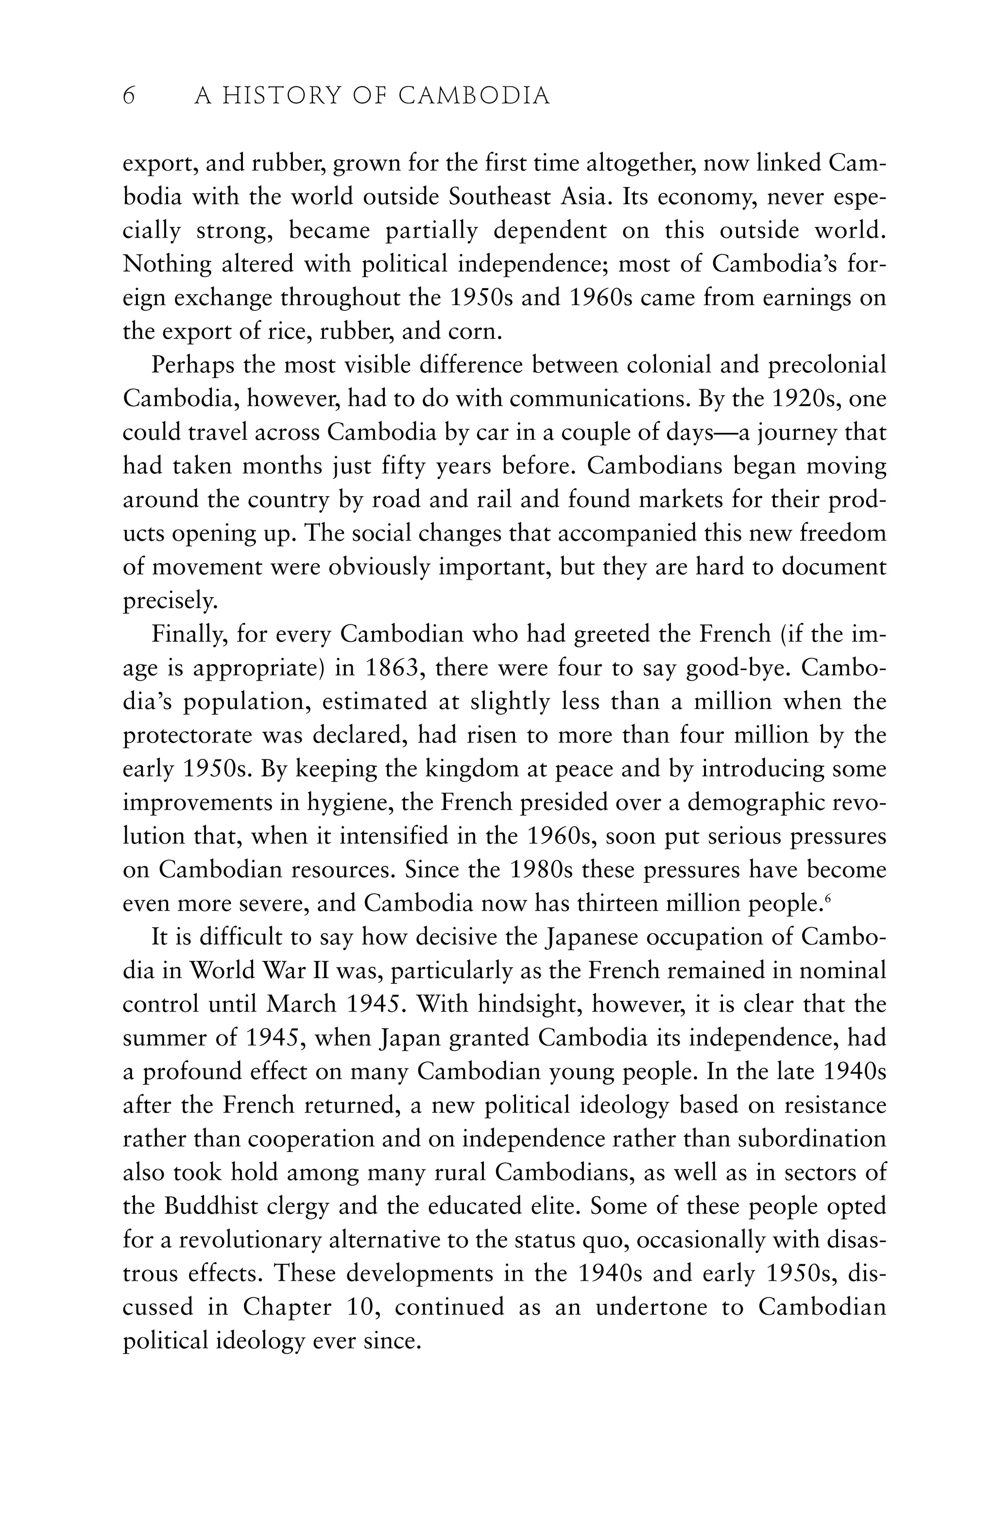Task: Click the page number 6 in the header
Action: [129, 97]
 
